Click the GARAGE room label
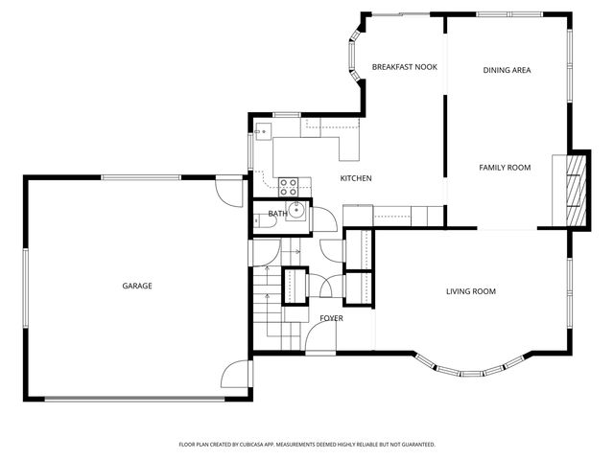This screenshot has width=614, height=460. click(x=136, y=286)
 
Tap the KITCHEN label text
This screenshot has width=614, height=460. click(x=356, y=178)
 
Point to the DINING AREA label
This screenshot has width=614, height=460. click(x=507, y=70)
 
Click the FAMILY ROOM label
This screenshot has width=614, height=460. click(x=505, y=168)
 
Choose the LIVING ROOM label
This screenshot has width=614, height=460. click(x=470, y=291)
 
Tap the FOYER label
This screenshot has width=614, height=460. click(x=331, y=317)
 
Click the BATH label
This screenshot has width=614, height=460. click(x=277, y=214)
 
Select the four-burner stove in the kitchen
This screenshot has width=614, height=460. click(x=289, y=185)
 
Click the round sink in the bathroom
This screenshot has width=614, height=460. click(x=297, y=211)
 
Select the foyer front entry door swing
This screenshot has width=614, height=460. click(x=319, y=341)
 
